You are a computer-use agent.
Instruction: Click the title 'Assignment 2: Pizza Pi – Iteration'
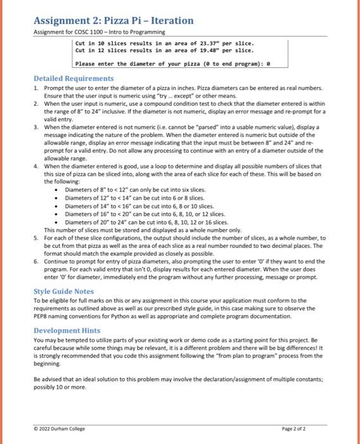pyautogui.click(x=113, y=21)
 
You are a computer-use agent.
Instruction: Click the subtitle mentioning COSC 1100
pyautogui.click(x=99, y=32)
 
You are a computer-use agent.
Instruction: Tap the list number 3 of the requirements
pyautogui.click(x=36, y=127)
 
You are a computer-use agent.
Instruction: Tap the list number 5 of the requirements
pyautogui.click(x=36, y=237)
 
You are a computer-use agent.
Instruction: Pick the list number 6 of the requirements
pyautogui.click(x=36, y=260)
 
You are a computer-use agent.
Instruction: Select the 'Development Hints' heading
pyautogui.click(x=66, y=331)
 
